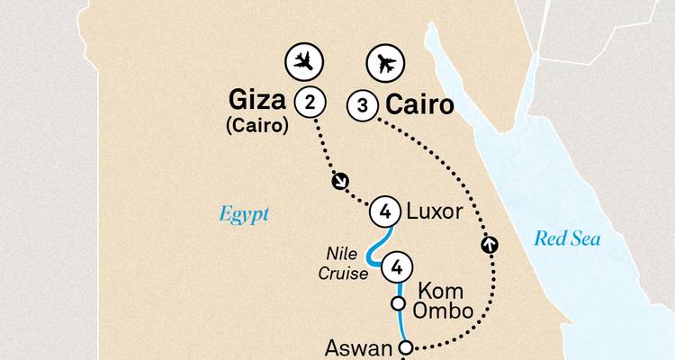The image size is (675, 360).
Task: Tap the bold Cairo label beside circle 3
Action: [x=418, y=106]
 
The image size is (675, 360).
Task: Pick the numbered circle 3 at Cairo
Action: [x=362, y=106]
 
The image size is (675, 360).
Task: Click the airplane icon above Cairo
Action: [x=386, y=63]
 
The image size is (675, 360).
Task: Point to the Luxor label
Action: [x=436, y=212]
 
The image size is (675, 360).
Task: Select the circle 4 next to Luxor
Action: [x=385, y=212]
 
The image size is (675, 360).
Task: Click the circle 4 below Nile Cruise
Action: [x=398, y=267]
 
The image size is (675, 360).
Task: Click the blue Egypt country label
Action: [x=244, y=214]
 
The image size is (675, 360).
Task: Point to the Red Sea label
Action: [x=567, y=238]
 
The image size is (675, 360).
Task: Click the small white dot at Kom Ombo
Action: [x=398, y=304]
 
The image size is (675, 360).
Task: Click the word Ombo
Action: [x=444, y=311]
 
